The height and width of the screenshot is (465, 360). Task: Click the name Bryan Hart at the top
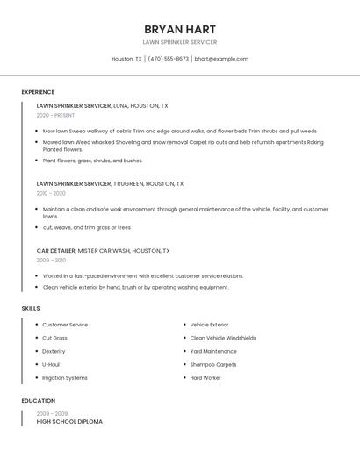coord(180,29)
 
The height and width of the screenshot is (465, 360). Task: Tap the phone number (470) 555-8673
coord(169,59)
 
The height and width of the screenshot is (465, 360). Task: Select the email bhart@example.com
coord(221,59)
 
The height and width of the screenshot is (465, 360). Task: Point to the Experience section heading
coord(38,92)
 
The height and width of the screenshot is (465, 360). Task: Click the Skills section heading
coord(31,309)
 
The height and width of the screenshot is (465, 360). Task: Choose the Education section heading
coord(39,401)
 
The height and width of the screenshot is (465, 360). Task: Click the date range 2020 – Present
coord(55,115)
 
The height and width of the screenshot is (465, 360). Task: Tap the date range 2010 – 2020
coord(51,193)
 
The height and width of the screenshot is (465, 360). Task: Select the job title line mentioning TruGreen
coord(110,184)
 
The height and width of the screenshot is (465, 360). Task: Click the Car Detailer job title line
coord(103,251)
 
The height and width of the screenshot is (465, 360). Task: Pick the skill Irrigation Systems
coord(65,378)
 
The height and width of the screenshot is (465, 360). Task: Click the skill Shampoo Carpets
coord(213,365)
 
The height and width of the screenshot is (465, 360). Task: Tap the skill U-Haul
coord(51,365)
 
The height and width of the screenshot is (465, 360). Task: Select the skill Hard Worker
coord(205,378)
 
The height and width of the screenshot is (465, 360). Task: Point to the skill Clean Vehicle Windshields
coord(223,338)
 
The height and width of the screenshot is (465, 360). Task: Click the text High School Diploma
coord(69,422)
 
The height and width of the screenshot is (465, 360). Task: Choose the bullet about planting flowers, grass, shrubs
coord(92,161)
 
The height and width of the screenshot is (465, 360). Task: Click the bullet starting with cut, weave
coord(86,227)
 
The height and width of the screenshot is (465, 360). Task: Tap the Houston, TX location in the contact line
coord(126,59)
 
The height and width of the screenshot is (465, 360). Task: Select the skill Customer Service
coord(65,325)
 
